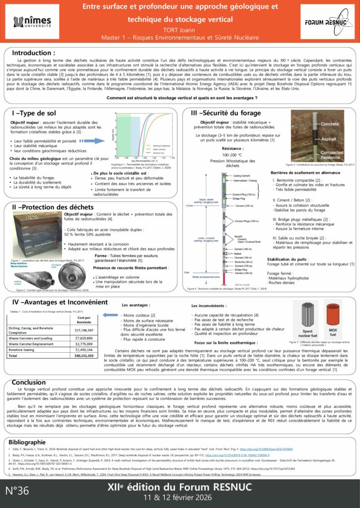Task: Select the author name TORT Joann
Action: click(x=180, y=29)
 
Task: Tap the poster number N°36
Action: click(x=17, y=491)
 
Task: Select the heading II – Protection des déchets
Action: click(x=52, y=206)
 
